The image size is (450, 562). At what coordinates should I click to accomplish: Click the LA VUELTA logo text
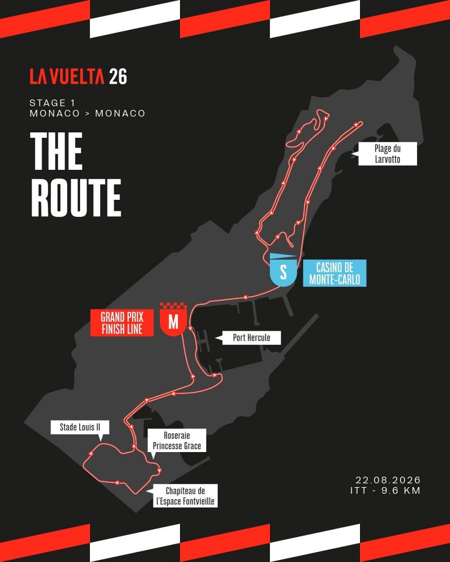(x=66, y=76)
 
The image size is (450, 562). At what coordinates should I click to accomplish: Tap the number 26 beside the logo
(x=118, y=76)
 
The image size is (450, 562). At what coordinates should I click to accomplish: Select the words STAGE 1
(x=52, y=103)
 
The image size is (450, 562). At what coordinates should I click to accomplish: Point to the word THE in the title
(x=56, y=150)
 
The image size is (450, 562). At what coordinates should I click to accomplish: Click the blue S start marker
(x=283, y=273)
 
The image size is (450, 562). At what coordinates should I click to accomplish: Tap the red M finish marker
(x=173, y=323)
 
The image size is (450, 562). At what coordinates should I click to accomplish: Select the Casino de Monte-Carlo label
(x=334, y=273)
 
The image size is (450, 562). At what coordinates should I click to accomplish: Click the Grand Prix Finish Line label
(x=121, y=323)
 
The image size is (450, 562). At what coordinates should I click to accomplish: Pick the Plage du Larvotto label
(x=387, y=154)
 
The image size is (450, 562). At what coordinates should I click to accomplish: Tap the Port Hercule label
(x=251, y=338)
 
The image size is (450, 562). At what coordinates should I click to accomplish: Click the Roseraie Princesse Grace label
(x=177, y=441)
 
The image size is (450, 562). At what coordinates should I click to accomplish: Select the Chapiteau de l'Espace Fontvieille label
(x=185, y=496)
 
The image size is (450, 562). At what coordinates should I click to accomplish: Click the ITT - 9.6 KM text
(x=385, y=491)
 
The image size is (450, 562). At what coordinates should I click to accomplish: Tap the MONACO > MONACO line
(x=87, y=113)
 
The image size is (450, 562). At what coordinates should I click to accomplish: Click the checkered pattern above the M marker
(x=173, y=306)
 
